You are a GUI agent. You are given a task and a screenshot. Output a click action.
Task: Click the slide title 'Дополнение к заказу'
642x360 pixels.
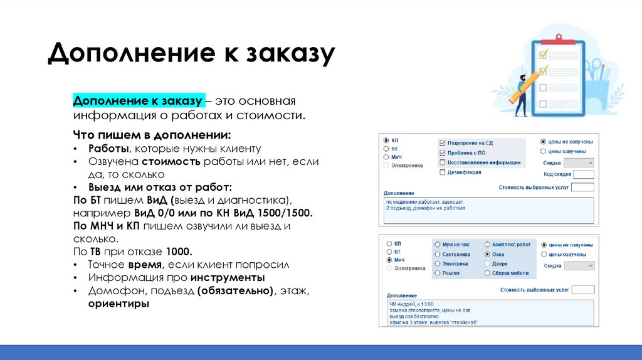(191, 54)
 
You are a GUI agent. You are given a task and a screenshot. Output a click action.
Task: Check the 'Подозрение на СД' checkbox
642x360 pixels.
(443, 143)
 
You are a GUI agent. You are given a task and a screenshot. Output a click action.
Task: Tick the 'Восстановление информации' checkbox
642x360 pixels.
(443, 162)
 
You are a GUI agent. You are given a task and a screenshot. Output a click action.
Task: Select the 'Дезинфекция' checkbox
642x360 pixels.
(443, 172)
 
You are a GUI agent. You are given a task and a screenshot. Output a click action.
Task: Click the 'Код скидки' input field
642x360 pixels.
(583, 174)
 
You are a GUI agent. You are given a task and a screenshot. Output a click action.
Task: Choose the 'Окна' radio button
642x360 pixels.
(487, 255)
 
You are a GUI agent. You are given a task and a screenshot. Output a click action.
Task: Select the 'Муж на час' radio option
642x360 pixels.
(437, 245)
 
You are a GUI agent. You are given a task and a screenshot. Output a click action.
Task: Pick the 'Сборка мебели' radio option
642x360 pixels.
(487, 273)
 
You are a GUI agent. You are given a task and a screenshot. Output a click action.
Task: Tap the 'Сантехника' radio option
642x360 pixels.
(437, 255)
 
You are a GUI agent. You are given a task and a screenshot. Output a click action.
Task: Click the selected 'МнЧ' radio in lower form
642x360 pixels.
(389, 259)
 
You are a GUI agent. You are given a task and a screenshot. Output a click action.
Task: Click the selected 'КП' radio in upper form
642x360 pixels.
(386, 140)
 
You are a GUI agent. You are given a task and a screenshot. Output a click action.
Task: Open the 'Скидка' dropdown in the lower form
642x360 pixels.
(579, 266)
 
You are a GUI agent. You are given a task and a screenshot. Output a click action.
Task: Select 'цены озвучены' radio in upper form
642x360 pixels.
(543, 151)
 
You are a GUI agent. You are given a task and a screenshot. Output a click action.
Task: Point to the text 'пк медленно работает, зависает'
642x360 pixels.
(424, 201)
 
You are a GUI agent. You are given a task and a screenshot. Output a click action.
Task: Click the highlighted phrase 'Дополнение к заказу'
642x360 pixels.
(137, 101)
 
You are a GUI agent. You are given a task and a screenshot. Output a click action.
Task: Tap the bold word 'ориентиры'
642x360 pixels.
(118, 304)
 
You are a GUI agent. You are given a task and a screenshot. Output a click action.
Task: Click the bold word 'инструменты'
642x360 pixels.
(228, 277)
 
